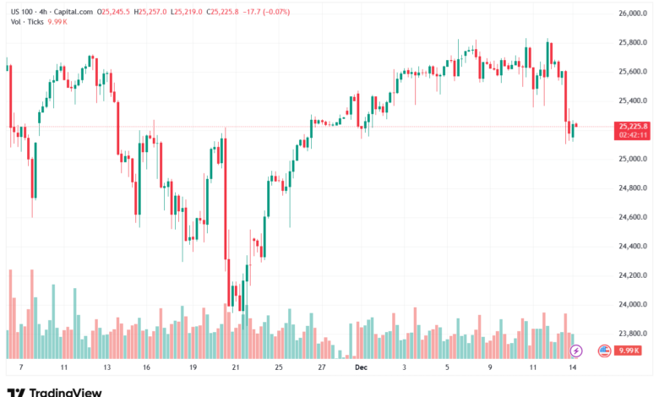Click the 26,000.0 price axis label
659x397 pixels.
(632, 14)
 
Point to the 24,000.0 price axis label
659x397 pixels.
(632, 304)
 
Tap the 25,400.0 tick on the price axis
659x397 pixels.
(632, 101)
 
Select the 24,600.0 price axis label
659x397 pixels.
(632, 217)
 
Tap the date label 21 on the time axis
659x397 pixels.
(236, 368)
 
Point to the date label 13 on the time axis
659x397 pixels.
(106, 368)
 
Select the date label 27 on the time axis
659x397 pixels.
(322, 368)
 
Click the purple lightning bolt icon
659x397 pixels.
(577, 350)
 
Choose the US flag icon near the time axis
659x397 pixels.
(604, 350)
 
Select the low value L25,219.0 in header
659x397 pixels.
(190, 12)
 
